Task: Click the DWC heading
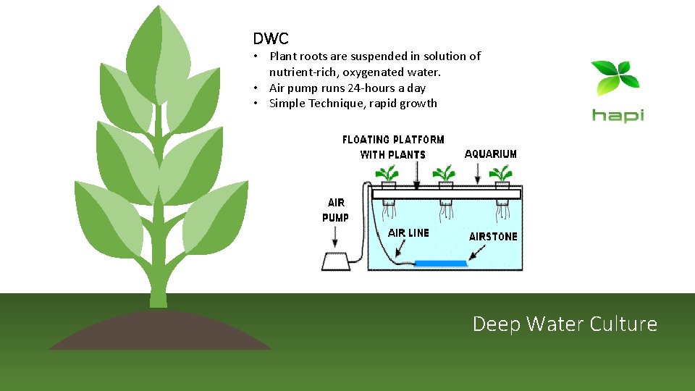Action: coord(270,38)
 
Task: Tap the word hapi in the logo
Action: coord(618,115)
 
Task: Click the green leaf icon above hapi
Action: coord(615,78)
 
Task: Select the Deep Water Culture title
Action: coord(565,324)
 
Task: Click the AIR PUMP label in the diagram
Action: coord(335,210)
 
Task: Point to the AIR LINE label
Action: coord(408,233)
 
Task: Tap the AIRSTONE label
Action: coord(493,237)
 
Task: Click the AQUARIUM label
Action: coord(490,154)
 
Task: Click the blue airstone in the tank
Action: coord(440,261)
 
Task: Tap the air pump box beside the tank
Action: coord(335,261)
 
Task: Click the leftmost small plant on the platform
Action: coord(389,174)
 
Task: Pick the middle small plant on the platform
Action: coord(445,174)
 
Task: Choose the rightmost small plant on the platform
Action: coord(501,174)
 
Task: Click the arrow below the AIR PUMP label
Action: coord(335,237)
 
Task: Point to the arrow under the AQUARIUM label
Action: coord(477,174)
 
